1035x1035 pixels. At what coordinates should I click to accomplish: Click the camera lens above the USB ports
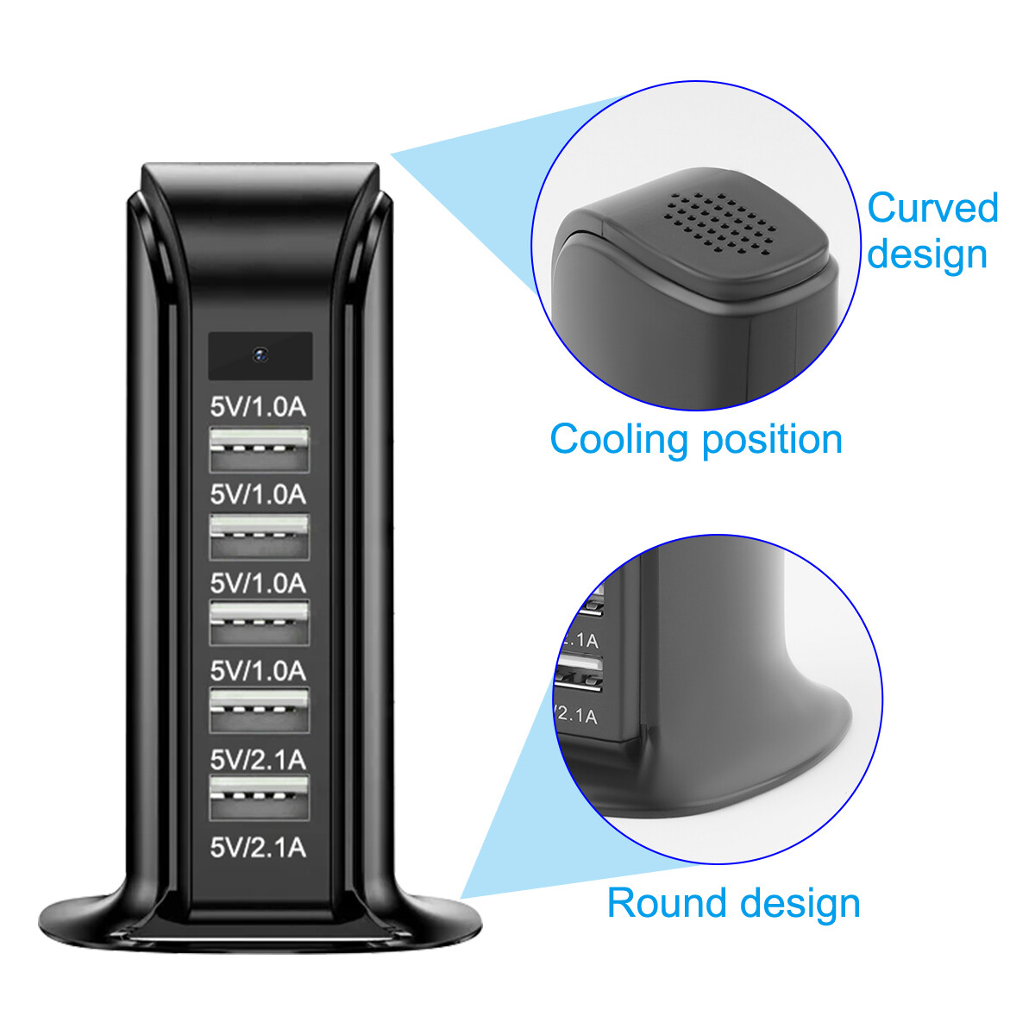pos(260,353)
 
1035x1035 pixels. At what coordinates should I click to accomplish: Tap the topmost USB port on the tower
pos(260,448)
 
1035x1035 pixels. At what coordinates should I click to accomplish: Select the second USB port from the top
pos(260,536)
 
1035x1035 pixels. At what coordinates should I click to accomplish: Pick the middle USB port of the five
pos(260,624)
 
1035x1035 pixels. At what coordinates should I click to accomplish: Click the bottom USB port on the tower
pos(260,798)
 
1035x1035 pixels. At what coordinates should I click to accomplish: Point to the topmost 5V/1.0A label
pos(259,406)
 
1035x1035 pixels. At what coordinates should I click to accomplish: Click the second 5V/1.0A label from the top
pos(259,494)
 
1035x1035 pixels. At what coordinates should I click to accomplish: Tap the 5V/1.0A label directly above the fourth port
pos(259,670)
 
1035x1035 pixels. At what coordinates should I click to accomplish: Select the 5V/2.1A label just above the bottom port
pos(259,759)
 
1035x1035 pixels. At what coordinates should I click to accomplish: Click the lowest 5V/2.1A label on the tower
pos(259,847)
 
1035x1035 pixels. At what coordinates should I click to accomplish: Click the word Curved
pos(932,209)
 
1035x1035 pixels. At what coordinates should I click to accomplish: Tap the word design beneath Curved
pos(927,254)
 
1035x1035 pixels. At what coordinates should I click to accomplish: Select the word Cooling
pos(620,440)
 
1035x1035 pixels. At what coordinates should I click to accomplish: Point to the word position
pos(771,440)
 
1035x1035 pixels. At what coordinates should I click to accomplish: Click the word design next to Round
pos(800,903)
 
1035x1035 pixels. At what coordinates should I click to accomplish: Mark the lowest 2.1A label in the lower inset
pos(577,715)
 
